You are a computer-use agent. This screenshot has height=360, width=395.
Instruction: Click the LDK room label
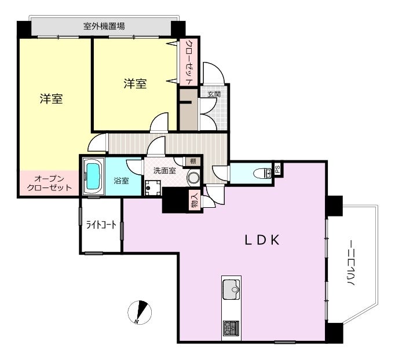click(262, 240)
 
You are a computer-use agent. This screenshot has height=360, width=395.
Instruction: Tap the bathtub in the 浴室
click(93, 176)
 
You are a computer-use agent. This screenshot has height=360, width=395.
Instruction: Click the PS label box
click(277, 169)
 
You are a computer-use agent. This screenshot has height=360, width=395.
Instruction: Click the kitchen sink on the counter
click(231, 289)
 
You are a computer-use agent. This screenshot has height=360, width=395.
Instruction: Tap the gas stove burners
click(231, 328)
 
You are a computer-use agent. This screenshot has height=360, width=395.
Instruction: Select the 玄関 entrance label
click(214, 94)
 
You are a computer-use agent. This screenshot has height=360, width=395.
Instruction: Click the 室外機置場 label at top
click(104, 26)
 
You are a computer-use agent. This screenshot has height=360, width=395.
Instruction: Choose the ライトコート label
click(101, 225)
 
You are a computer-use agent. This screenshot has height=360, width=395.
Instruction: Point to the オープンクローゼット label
click(49, 183)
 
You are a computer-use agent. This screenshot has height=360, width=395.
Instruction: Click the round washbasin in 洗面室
click(193, 177)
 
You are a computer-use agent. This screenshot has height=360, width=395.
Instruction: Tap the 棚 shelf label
click(193, 161)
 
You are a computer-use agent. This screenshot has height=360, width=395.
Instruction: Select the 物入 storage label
click(195, 199)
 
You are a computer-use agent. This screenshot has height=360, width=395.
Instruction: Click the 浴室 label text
click(122, 181)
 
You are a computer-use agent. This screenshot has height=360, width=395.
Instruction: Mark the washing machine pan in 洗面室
click(153, 188)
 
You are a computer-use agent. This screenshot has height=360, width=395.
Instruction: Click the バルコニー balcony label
click(352, 263)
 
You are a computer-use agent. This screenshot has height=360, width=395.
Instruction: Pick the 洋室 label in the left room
click(51, 98)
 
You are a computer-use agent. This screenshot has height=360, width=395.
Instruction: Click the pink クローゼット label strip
click(189, 62)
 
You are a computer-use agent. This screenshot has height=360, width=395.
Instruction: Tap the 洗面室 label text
click(164, 171)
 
